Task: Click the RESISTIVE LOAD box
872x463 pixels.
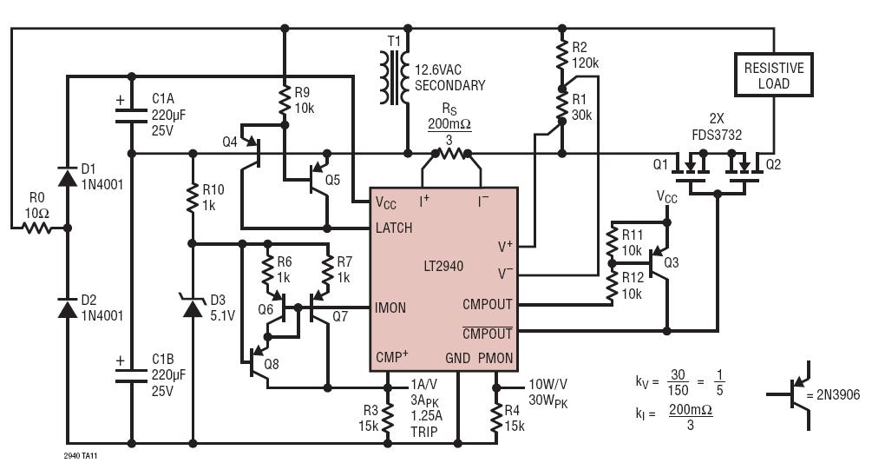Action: click(x=774, y=75)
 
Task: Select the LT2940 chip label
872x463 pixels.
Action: click(x=443, y=266)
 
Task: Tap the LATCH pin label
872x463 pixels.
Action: click(x=394, y=228)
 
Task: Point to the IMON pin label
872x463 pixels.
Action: click(x=390, y=308)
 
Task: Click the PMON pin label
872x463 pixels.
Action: click(x=495, y=358)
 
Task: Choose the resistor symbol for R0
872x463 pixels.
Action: click(x=36, y=228)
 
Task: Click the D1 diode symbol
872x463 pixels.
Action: click(x=68, y=177)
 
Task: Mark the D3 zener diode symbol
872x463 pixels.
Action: click(x=193, y=307)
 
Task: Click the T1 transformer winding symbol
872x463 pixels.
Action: click(x=394, y=77)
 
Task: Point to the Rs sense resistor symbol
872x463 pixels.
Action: click(x=451, y=153)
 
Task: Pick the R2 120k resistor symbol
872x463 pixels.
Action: click(x=561, y=55)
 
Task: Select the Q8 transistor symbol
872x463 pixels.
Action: click(x=259, y=365)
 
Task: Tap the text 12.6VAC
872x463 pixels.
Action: click(x=438, y=70)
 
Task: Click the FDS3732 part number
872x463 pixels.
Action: click(x=717, y=136)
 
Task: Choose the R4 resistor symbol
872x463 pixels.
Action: click(x=496, y=417)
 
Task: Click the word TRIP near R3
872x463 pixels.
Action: click(x=424, y=432)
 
